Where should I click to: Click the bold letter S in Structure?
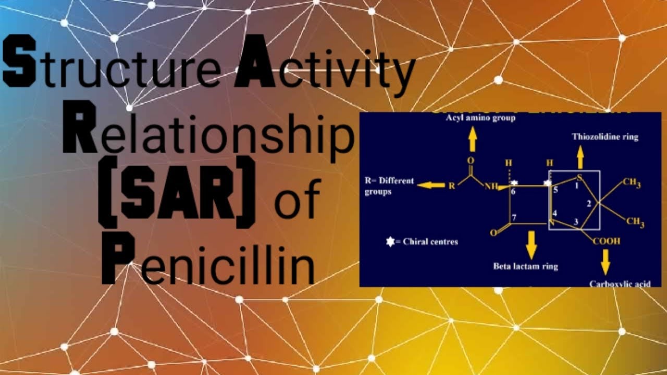[19, 65]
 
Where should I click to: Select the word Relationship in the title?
[208, 133]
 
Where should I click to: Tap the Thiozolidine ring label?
[605, 137]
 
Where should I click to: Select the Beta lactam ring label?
[525, 266]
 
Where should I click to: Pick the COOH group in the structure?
[607, 242]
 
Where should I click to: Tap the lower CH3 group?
[635, 222]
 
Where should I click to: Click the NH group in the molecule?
[491, 186]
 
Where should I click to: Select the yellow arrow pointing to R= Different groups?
[430, 185]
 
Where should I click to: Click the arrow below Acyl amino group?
[473, 139]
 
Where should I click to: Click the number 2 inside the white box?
[589, 204]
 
